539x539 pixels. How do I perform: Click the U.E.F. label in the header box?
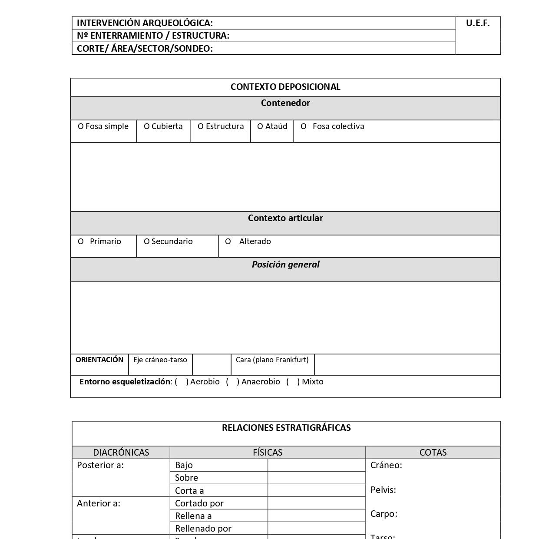tap(478, 23)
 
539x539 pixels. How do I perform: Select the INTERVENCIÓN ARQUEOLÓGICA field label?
tap(145, 23)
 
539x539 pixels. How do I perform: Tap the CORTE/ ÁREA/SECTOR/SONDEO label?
tap(145, 49)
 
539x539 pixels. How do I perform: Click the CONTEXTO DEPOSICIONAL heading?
tap(285, 87)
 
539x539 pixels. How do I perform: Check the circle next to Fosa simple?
tap(81, 126)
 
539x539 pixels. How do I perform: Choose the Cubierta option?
tap(163, 126)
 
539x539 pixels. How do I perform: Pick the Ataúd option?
tap(272, 126)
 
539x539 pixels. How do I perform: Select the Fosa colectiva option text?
tap(338, 126)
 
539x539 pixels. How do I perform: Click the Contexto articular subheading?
tap(285, 218)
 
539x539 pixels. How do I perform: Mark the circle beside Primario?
tap(81, 241)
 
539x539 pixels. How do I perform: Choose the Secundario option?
tap(169, 241)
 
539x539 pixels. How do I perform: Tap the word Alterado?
tap(255, 241)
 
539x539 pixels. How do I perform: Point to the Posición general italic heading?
tap(285, 265)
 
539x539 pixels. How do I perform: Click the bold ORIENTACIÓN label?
tap(99, 360)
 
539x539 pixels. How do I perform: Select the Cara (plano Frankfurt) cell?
tap(272, 360)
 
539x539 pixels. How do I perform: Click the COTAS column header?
tap(433, 453)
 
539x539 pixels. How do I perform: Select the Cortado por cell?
tap(199, 503)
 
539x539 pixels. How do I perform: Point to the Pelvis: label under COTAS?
tap(383, 490)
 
